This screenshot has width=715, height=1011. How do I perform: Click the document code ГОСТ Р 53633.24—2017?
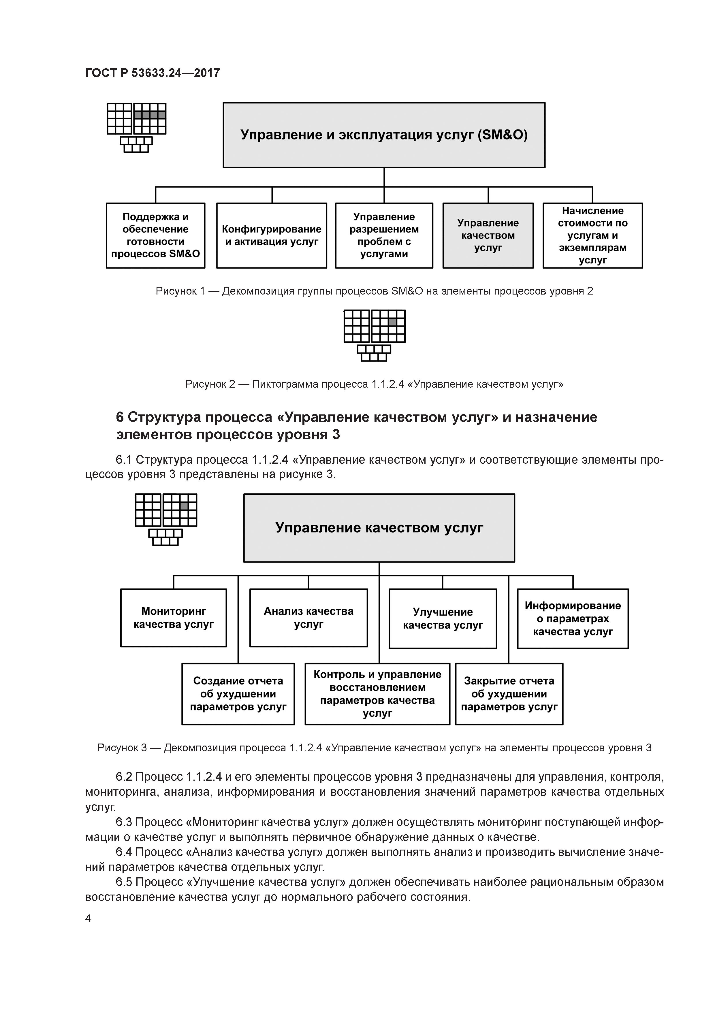pos(152,73)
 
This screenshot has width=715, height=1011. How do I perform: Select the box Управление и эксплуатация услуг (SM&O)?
pos(384,135)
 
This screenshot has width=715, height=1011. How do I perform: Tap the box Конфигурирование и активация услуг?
pos(271,235)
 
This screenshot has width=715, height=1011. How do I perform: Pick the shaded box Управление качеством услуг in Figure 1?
pos(488,235)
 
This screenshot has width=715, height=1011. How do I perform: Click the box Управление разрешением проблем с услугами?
pos(384,235)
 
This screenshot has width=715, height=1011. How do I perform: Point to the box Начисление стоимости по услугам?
pos(592,235)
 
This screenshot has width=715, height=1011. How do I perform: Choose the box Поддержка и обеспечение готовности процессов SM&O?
pos(155,235)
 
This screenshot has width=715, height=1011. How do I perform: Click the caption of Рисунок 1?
pos(374,291)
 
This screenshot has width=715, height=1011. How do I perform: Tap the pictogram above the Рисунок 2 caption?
pos(374,335)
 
